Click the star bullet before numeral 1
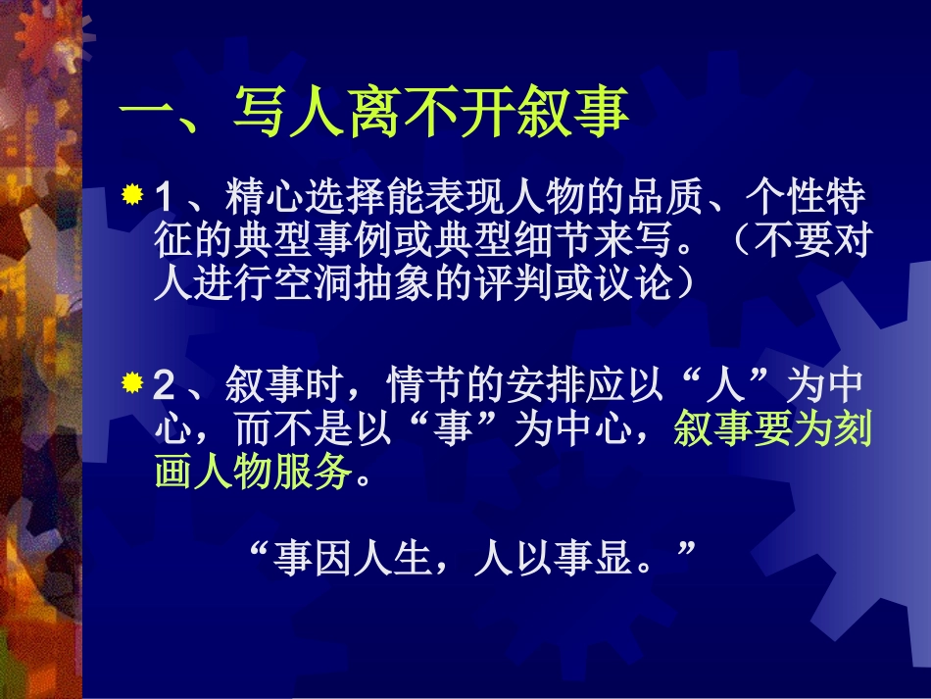click(x=133, y=194)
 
